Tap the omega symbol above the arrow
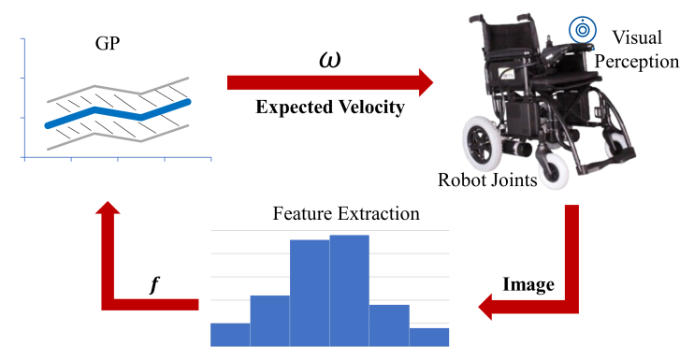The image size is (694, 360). (x=330, y=59)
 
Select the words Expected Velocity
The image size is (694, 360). (x=330, y=108)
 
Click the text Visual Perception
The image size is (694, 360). (x=636, y=50)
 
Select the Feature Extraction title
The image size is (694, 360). (x=345, y=214)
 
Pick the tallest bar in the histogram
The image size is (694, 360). (x=349, y=290)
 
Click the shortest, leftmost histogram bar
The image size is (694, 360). (x=230, y=334)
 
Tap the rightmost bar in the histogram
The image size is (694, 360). (x=429, y=337)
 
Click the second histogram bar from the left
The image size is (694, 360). (x=269, y=321)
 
